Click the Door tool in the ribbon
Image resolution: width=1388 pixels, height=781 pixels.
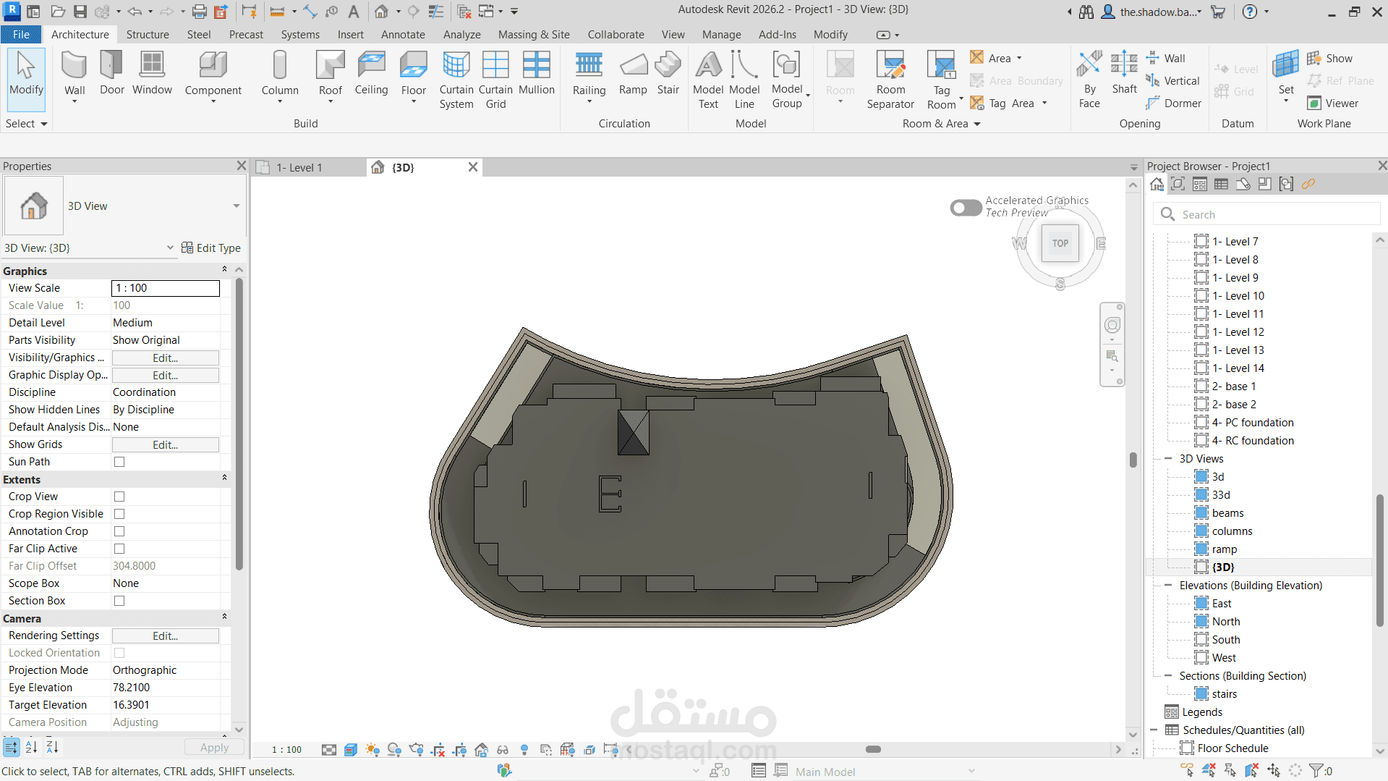point(111,73)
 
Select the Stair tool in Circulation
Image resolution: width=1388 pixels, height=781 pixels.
point(668,73)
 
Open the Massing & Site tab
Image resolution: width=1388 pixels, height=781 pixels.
point(534,35)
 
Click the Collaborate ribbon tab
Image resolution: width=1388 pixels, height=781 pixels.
point(616,35)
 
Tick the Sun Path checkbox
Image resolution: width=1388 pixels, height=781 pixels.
point(119,462)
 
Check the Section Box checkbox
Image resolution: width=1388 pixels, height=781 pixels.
point(119,601)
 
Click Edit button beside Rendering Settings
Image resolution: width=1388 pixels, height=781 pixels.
point(165,636)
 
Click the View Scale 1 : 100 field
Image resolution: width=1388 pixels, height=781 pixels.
point(165,288)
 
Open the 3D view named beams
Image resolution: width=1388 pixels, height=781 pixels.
point(1227,513)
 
